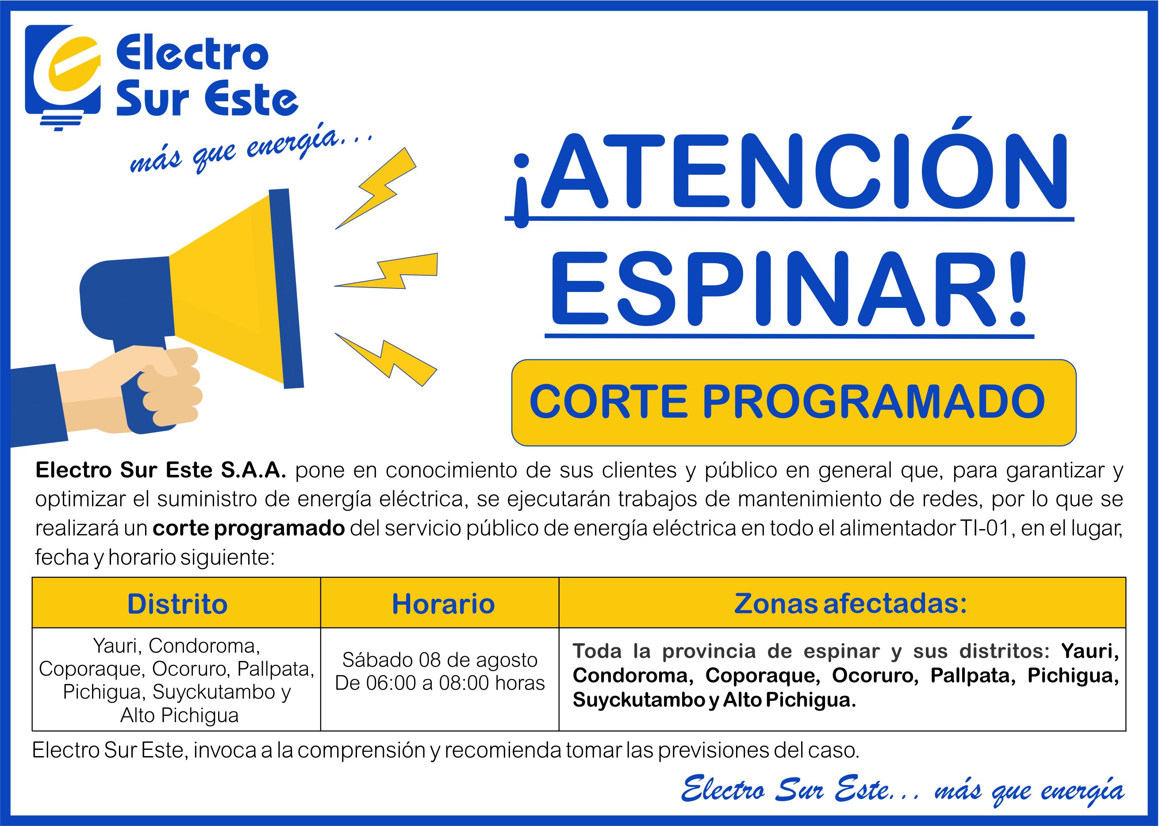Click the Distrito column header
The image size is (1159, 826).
(177, 604)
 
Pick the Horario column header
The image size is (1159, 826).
(443, 604)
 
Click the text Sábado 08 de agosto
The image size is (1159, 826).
(440, 660)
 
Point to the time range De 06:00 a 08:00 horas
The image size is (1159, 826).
(440, 683)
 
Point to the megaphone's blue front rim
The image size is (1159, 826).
(286, 288)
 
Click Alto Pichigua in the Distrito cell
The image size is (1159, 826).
(180, 716)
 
